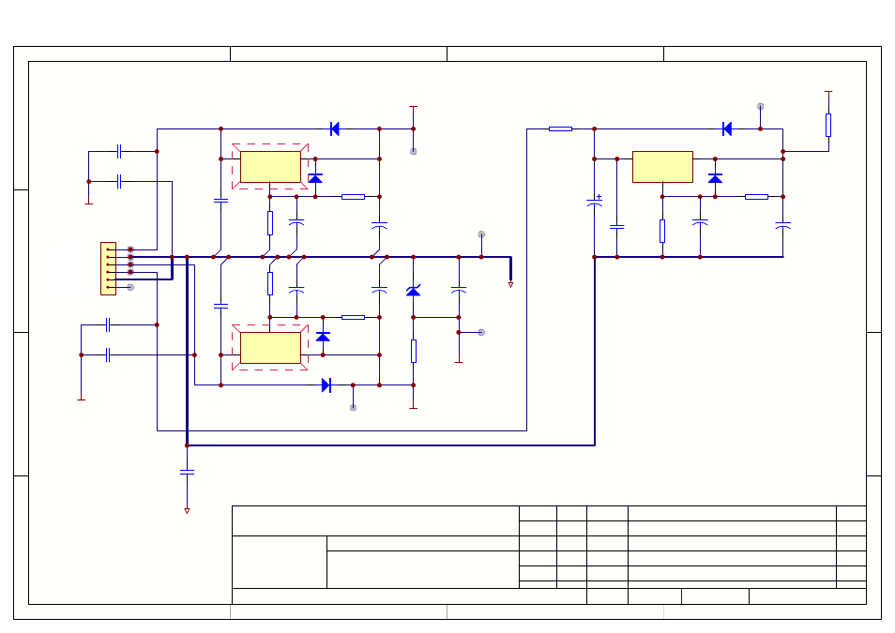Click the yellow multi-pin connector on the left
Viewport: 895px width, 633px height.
[x=108, y=268]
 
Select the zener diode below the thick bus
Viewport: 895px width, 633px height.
[x=413, y=291]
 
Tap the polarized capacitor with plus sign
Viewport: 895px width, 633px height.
[x=594, y=202]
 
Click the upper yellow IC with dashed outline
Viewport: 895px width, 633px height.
[x=270, y=166]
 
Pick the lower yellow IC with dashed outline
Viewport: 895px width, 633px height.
[x=270, y=347]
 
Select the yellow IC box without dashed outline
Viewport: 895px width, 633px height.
[x=662, y=166]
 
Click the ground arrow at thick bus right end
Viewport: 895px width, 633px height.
[x=510, y=284]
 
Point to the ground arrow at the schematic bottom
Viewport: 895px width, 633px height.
[x=187, y=511]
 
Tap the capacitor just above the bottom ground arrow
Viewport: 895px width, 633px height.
[x=187, y=474]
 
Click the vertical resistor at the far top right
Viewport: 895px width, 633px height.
[x=827, y=125]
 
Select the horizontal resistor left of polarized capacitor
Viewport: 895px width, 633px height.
[x=560, y=128]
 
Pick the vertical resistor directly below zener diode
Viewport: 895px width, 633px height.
[x=413, y=351]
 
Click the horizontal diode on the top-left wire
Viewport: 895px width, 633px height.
[x=335, y=128]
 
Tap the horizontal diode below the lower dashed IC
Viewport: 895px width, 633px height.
[x=326, y=384]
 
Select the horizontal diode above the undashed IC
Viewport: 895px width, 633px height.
[x=726, y=128]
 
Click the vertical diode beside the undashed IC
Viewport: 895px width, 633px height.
[x=715, y=177]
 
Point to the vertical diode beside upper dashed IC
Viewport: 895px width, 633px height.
[x=315, y=177]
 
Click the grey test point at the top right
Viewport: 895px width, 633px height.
[x=760, y=106]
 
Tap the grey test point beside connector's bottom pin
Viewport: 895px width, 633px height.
[x=130, y=287]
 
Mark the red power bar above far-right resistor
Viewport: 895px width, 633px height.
[x=827, y=92]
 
